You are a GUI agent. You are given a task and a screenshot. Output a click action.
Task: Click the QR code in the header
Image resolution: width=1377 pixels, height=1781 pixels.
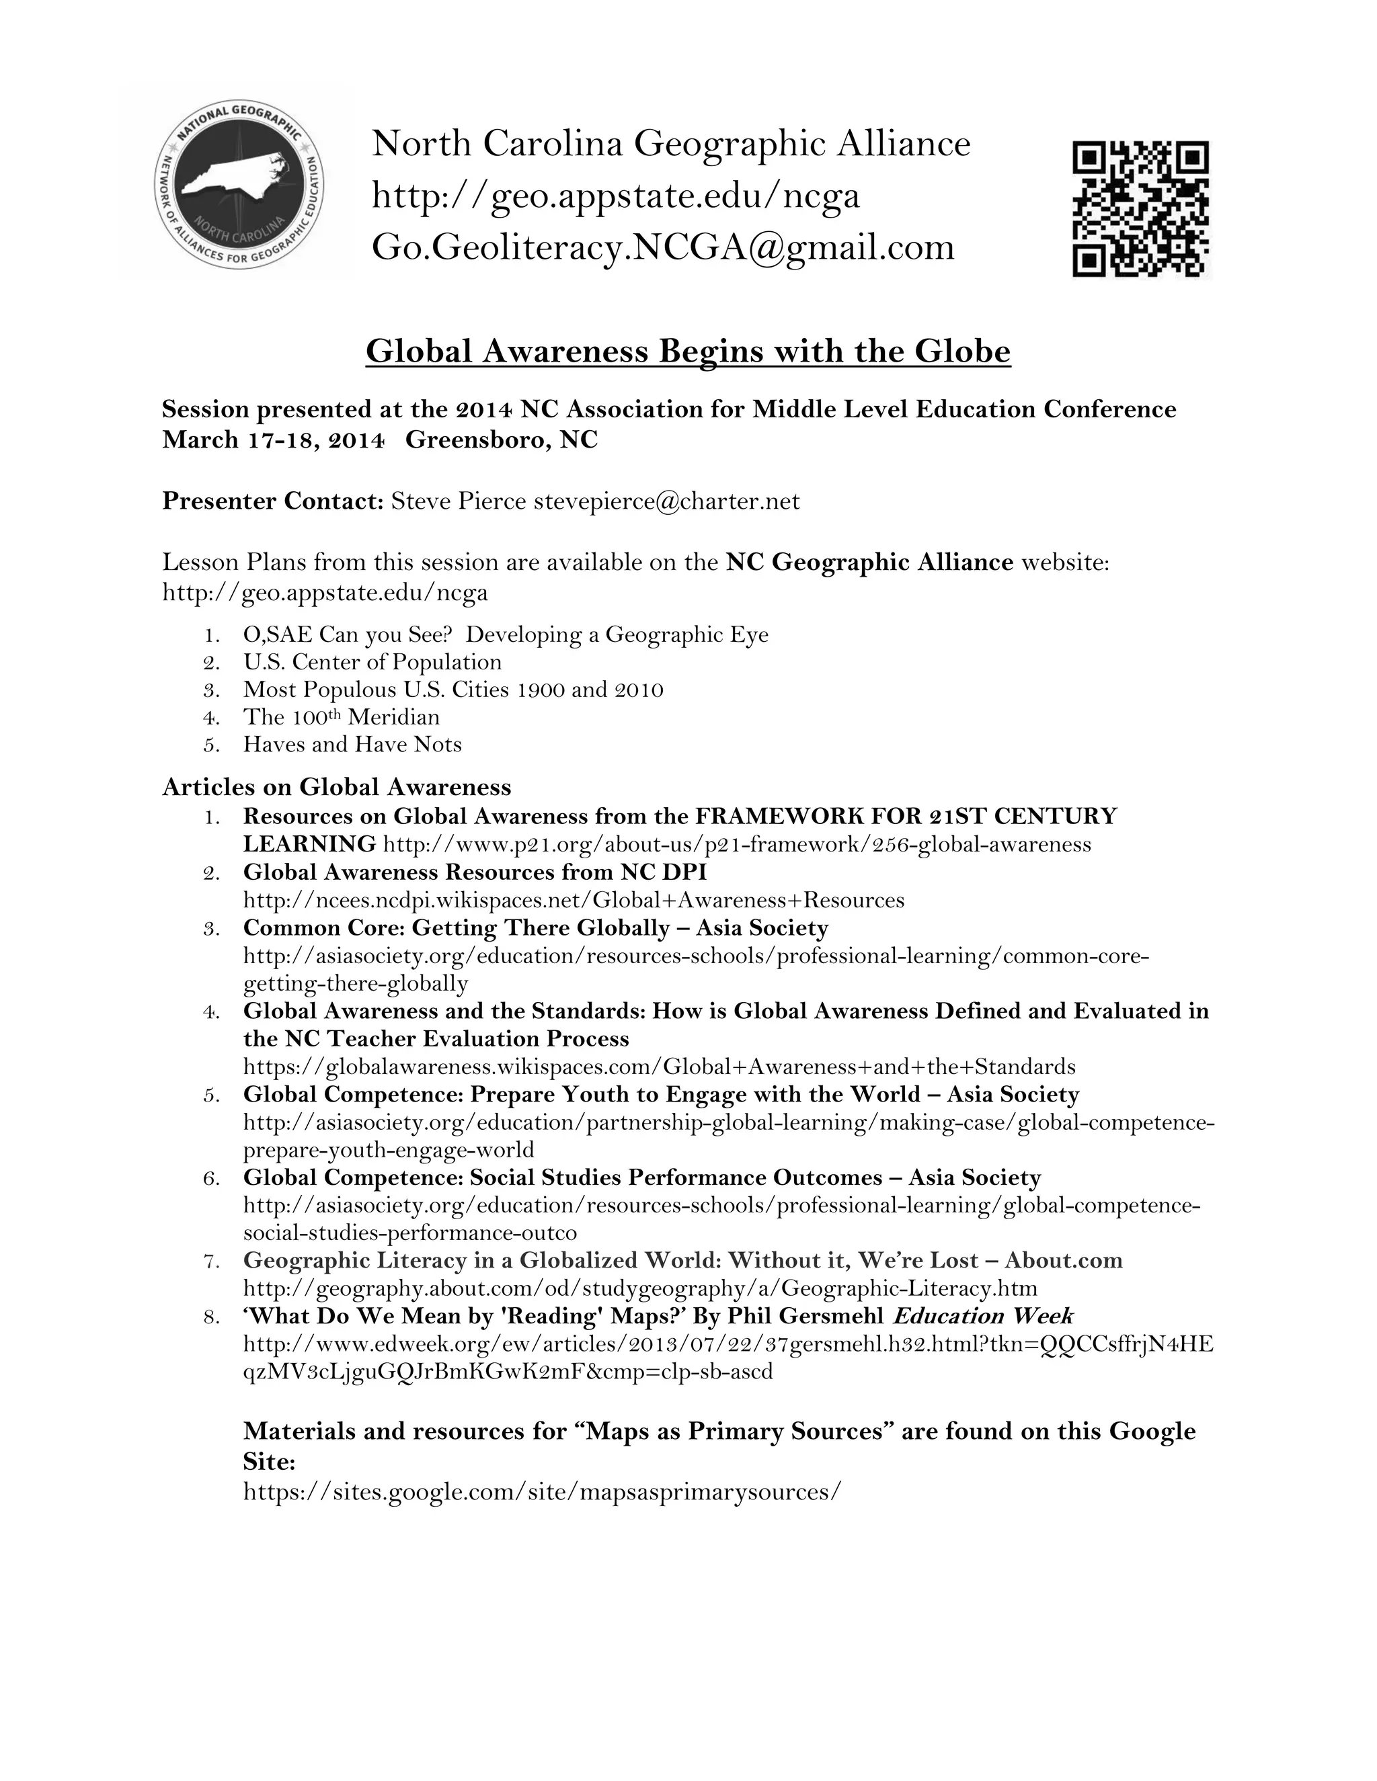[x=1140, y=209]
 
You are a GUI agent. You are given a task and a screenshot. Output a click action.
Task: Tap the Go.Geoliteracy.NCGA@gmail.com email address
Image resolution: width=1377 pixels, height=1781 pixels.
[x=662, y=246]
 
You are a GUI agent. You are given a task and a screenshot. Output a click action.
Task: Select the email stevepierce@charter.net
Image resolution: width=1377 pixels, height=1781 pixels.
[x=666, y=501]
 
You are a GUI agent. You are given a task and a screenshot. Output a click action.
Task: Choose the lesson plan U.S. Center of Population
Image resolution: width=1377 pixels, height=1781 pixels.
[x=372, y=661]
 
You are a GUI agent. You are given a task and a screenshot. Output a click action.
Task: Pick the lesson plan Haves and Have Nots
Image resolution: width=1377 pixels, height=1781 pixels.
[x=352, y=744]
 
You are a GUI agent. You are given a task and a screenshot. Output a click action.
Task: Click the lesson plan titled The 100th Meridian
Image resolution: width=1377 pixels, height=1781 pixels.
[x=341, y=717]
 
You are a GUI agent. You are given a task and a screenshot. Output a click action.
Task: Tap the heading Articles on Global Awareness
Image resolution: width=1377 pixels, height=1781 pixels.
[x=336, y=786]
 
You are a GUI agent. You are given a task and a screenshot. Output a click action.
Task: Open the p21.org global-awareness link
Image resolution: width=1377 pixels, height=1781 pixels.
[x=737, y=844]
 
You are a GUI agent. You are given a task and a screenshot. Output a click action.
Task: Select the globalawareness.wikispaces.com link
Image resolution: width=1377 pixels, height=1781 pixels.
[x=659, y=1066]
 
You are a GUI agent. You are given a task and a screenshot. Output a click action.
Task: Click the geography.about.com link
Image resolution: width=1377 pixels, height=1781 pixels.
[x=640, y=1288]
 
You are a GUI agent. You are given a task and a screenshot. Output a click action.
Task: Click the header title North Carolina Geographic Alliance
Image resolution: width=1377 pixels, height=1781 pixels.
[x=670, y=144]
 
